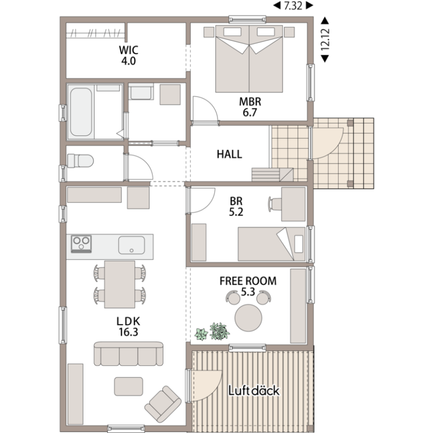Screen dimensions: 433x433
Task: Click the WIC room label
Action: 128,50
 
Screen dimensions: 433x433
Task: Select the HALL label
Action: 229,154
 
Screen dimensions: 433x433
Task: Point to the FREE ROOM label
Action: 248,281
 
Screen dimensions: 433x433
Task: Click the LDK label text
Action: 128,321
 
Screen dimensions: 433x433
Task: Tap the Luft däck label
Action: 253,391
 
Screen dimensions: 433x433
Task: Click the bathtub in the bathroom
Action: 81,112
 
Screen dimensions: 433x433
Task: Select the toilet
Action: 79,161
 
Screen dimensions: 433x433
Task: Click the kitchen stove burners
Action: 81,244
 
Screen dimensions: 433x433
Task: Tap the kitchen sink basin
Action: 131,245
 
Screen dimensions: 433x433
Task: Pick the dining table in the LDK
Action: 120,284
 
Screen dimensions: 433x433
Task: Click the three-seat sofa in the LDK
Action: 128,354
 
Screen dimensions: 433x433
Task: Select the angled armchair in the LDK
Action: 163,401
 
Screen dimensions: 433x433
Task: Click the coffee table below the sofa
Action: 129,386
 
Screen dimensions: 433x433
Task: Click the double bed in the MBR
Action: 249,59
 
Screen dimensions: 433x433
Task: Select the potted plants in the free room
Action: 213,332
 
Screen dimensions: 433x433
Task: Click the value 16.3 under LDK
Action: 128,332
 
